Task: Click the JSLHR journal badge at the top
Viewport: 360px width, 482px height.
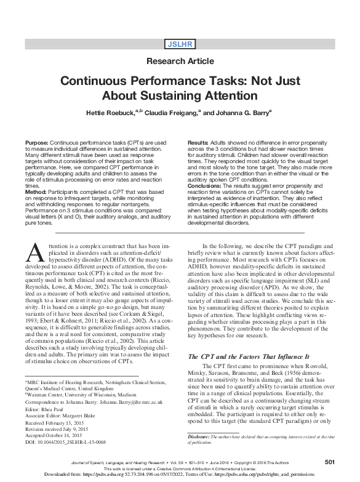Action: (180, 42)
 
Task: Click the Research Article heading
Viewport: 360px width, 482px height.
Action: (180, 61)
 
